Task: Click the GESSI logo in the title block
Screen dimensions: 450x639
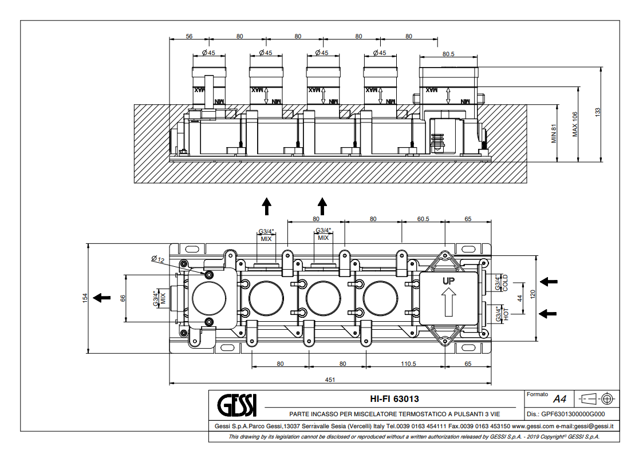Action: (x=237, y=405)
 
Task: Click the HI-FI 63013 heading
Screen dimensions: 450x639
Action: (x=391, y=399)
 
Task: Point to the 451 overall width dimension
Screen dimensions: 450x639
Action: (x=330, y=380)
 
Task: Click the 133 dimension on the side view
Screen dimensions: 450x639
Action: (x=598, y=113)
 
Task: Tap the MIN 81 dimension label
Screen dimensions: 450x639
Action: (x=554, y=133)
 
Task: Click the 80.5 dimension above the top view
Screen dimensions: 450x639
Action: (x=448, y=54)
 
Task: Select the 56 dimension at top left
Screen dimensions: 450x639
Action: (x=189, y=36)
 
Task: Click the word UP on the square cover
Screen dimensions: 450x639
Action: (x=448, y=281)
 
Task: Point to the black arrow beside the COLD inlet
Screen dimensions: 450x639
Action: (x=549, y=281)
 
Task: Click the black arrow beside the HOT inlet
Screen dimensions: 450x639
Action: (x=549, y=313)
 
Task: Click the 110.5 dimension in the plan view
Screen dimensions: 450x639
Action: (x=408, y=363)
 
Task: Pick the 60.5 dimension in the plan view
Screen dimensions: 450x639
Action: (x=424, y=219)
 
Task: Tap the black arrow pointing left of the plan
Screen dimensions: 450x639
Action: (x=102, y=297)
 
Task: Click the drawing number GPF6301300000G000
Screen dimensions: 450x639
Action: (x=573, y=413)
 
